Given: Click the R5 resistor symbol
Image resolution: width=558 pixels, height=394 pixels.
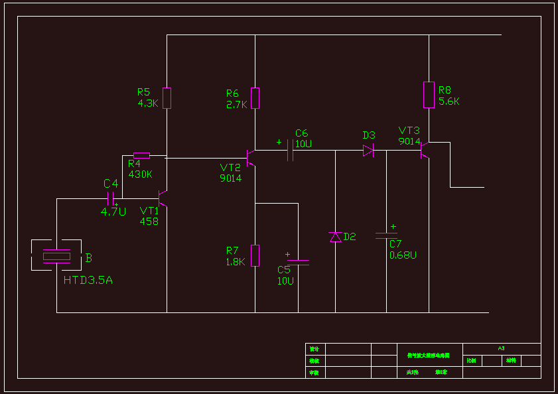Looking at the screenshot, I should pos(167,98).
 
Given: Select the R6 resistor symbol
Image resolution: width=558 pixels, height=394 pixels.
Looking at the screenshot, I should pos(255,98).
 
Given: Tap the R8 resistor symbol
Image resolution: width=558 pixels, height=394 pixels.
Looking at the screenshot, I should pos(429,94).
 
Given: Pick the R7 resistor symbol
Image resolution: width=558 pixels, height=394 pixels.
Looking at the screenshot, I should pos(255,255).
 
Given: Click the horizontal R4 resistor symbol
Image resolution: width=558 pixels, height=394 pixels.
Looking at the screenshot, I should pos(141,156).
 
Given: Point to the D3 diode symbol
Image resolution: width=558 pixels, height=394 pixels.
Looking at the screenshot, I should pos(368,151).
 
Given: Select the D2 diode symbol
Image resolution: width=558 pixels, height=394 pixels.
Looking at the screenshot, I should pos(336,237).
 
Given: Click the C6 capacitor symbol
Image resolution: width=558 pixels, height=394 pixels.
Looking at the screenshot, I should pos(291,154).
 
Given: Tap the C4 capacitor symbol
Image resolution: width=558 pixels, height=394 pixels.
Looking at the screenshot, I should pos(111,198).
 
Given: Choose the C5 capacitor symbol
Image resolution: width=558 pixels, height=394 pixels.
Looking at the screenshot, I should pos(298,263).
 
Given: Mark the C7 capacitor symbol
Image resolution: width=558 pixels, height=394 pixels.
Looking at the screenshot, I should pos(386,235).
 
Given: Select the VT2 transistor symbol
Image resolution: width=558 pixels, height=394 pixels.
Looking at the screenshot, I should pos(250,158).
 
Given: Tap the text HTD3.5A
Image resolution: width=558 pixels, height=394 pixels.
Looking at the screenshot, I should pos(88,280).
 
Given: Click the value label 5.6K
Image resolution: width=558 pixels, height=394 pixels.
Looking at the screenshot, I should pos(449,102).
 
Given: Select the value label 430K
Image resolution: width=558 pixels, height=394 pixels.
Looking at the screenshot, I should pos(141,174).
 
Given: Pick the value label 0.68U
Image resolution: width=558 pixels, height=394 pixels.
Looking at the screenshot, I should pos(403,255).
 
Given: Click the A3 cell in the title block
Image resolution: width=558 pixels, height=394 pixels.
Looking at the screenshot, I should pos(501,348).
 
